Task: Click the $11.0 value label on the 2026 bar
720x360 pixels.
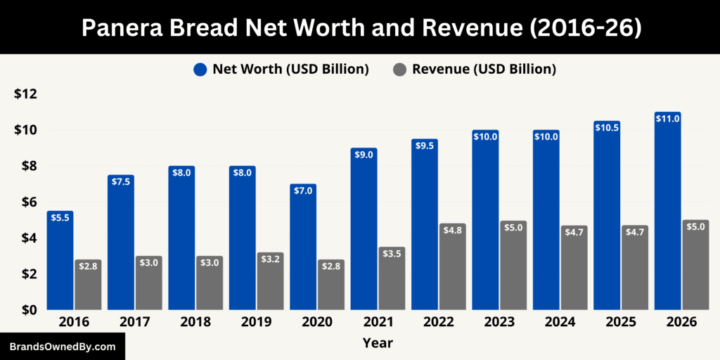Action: [x=667, y=119]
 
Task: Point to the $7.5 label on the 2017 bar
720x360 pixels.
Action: [x=121, y=181]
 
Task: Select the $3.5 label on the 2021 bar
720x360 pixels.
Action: [x=392, y=253]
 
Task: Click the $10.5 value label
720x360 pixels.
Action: [x=607, y=127]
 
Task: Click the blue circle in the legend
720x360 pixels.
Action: [x=200, y=70]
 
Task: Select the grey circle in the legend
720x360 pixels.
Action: [x=399, y=70]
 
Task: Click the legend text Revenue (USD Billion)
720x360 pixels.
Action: [x=484, y=69]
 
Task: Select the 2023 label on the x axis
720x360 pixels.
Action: [x=499, y=322]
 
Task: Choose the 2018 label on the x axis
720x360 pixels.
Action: [x=195, y=322]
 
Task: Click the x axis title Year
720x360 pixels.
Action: [x=378, y=344]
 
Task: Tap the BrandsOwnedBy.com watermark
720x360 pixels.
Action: [x=62, y=347]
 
